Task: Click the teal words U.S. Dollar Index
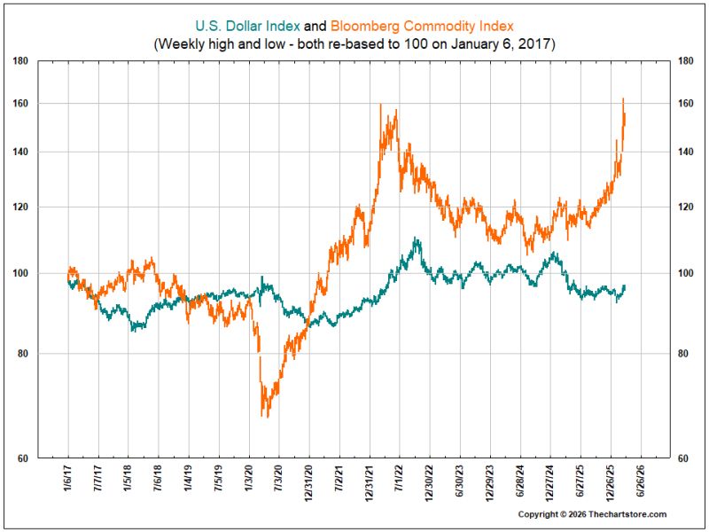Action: tap(247, 27)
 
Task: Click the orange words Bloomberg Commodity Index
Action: tap(423, 27)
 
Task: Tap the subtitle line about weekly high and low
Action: tap(354, 44)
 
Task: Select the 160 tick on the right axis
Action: tap(686, 104)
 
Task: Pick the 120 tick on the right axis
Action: tap(686, 207)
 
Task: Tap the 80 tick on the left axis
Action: tap(22, 354)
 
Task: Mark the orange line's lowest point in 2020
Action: tap(268, 417)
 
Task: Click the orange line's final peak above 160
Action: tap(623, 98)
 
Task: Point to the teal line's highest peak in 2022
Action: tap(415, 238)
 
